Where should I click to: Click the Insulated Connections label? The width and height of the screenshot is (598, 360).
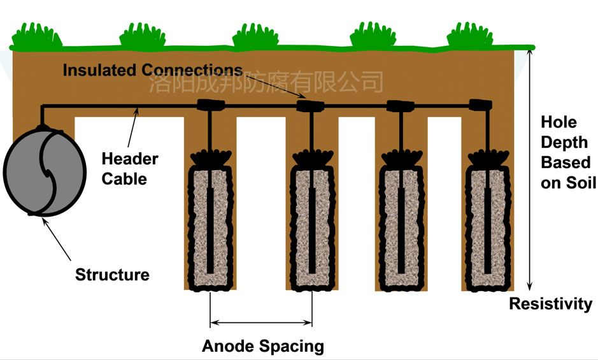click(x=152, y=70)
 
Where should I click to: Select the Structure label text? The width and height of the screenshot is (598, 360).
click(x=112, y=275)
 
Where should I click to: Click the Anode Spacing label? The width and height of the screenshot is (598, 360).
click(x=262, y=346)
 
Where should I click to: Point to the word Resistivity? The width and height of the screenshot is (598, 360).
click(x=550, y=303)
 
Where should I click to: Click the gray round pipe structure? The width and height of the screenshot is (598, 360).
click(x=44, y=173)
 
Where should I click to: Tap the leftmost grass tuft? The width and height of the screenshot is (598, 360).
click(x=37, y=36)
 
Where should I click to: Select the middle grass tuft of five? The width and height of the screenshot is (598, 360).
click(x=255, y=36)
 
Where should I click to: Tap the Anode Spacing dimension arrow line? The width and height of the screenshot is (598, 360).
click(x=261, y=322)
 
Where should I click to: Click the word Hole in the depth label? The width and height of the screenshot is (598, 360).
click(x=558, y=122)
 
